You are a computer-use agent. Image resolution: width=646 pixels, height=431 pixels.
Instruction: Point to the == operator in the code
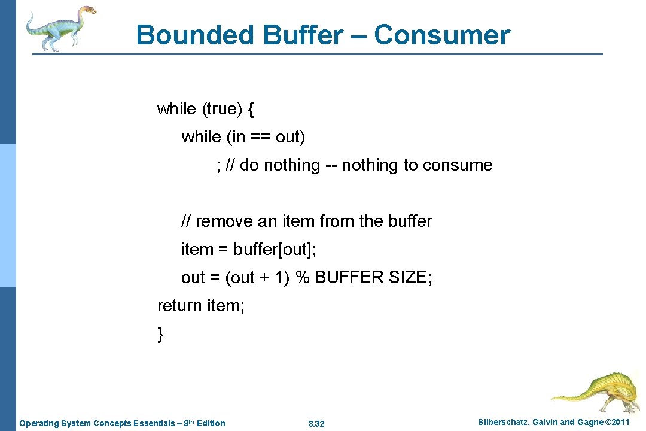(x=259, y=137)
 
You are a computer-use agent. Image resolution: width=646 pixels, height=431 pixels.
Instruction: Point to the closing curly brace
(x=160, y=335)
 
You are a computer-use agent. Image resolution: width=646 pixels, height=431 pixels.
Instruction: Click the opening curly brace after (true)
(x=251, y=109)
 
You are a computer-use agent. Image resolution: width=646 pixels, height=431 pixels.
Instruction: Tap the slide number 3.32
(x=316, y=424)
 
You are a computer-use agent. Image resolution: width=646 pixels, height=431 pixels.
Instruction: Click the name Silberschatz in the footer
(x=502, y=423)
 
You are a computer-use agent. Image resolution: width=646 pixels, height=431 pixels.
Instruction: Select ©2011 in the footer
(x=617, y=423)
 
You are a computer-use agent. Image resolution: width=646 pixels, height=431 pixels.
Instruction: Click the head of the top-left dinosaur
(x=87, y=10)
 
